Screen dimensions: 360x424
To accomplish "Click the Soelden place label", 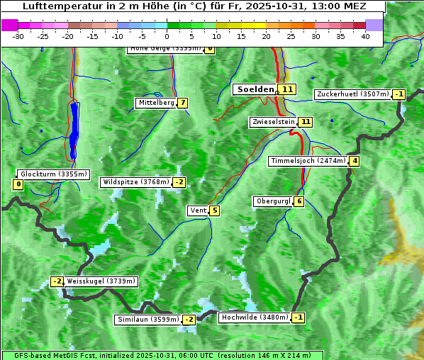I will pyautogui.click(x=254, y=89).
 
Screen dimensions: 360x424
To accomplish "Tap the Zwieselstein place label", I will pyautogui.click(x=273, y=122).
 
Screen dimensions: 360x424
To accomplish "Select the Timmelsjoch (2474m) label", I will pyautogui.click(x=308, y=161).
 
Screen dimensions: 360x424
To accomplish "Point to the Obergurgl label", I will pyautogui.click(x=272, y=201).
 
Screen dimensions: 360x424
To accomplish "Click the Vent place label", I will pyautogui.click(x=197, y=210).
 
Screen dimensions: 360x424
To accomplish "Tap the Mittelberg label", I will pyautogui.click(x=155, y=103).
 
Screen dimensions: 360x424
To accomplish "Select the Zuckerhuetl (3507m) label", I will pyautogui.click(x=353, y=94).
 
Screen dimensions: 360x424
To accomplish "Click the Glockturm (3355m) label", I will pyautogui.click(x=53, y=174).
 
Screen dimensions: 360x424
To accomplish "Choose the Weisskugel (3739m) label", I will pyautogui.click(x=101, y=281).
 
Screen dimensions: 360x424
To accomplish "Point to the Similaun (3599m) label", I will pyautogui.click(x=148, y=320).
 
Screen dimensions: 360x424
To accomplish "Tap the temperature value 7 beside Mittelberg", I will pyautogui.click(x=183, y=103).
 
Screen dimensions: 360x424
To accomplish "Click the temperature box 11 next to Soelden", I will pyautogui.click(x=286, y=89).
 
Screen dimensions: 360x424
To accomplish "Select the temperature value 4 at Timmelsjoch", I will pyautogui.click(x=355, y=161).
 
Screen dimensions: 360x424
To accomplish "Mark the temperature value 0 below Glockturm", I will pyautogui.click(x=18, y=185).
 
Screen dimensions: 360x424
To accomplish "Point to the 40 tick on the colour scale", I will pyautogui.click(x=365, y=36).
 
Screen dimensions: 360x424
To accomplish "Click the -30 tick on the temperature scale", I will pyautogui.click(x=18, y=36).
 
